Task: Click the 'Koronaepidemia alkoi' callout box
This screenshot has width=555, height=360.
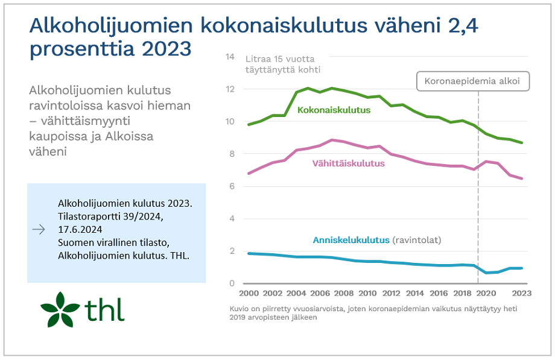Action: tap(474, 81)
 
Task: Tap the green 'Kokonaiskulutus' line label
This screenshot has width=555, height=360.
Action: tap(334, 110)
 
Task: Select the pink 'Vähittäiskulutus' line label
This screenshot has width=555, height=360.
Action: tap(348, 163)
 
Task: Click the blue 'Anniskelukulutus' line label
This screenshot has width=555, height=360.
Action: tap(351, 240)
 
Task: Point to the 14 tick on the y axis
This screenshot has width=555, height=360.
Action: tap(229, 57)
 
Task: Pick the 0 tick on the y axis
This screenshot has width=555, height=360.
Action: tap(231, 283)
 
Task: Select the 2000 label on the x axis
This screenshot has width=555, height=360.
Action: tap(250, 294)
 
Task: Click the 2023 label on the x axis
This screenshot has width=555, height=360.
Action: tap(522, 294)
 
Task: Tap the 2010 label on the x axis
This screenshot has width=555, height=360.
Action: tap(368, 294)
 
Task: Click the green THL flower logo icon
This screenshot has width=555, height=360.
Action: tap(59, 309)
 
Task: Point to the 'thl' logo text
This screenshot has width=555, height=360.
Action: tap(104, 310)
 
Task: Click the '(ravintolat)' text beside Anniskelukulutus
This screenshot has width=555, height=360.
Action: tap(417, 240)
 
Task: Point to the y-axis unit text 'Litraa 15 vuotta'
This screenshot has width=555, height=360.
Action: tap(280, 59)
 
